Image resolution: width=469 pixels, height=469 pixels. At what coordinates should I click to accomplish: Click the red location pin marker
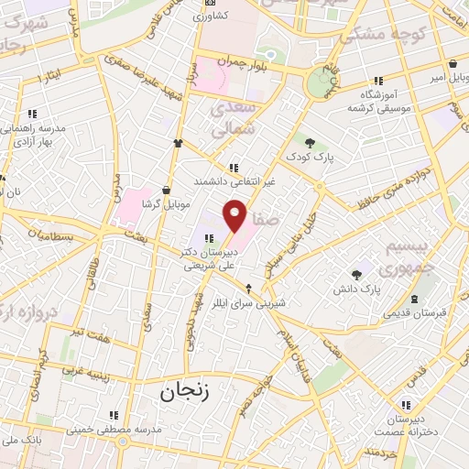pyautogui.click(x=236, y=215)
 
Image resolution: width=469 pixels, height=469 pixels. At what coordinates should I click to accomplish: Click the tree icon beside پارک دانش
pyautogui.click(x=356, y=274)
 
